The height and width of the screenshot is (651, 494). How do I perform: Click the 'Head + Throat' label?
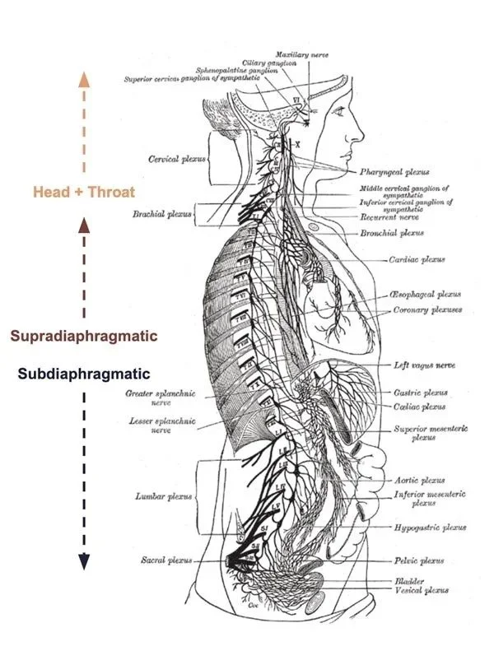point(83,193)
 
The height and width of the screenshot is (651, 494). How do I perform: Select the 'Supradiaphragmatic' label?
point(83,336)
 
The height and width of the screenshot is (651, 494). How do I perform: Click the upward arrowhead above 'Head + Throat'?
point(83,79)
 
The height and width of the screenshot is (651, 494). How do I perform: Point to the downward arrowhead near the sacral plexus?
point(83,561)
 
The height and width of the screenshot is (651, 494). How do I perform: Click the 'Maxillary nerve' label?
point(302,54)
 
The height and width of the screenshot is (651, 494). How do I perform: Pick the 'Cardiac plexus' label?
point(417,259)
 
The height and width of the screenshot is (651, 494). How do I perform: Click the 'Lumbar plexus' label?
point(163,496)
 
